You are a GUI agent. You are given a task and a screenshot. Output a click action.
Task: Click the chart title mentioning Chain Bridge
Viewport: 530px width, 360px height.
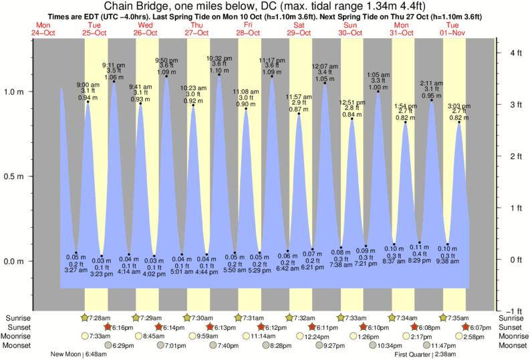tap(265, 6)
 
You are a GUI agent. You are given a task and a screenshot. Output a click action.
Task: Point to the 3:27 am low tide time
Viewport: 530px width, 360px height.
tap(76, 271)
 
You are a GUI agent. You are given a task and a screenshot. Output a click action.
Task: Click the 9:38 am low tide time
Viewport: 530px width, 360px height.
tap(448, 262)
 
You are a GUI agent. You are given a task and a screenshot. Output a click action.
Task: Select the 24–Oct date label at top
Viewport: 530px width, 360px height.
tap(43, 32)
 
